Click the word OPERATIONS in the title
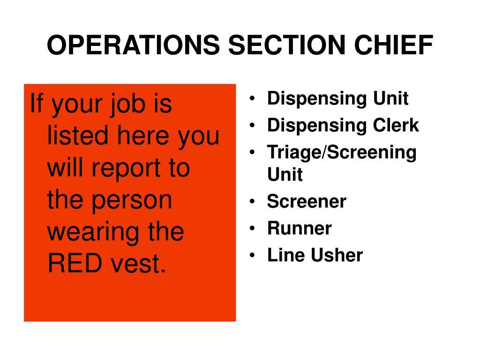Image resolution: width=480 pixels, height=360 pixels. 133,46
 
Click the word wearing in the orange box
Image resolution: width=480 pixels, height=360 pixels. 89,232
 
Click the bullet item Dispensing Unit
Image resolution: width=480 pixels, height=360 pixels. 337,99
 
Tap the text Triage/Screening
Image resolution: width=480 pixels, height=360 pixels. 341,153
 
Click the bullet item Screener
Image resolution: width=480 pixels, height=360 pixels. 307,202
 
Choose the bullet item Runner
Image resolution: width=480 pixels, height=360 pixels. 299,229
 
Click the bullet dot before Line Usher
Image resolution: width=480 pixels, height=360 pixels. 253,256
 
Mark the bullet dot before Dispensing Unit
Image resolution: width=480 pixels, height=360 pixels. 253,99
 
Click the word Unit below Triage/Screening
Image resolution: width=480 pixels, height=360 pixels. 285,175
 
